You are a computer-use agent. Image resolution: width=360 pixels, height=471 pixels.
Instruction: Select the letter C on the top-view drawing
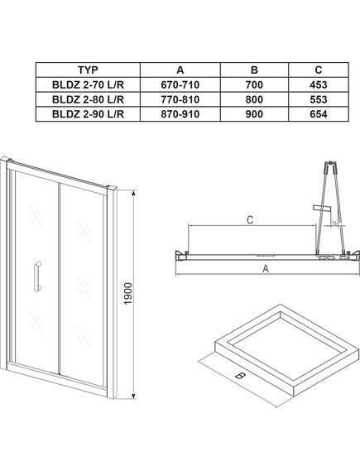tap(249, 219)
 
